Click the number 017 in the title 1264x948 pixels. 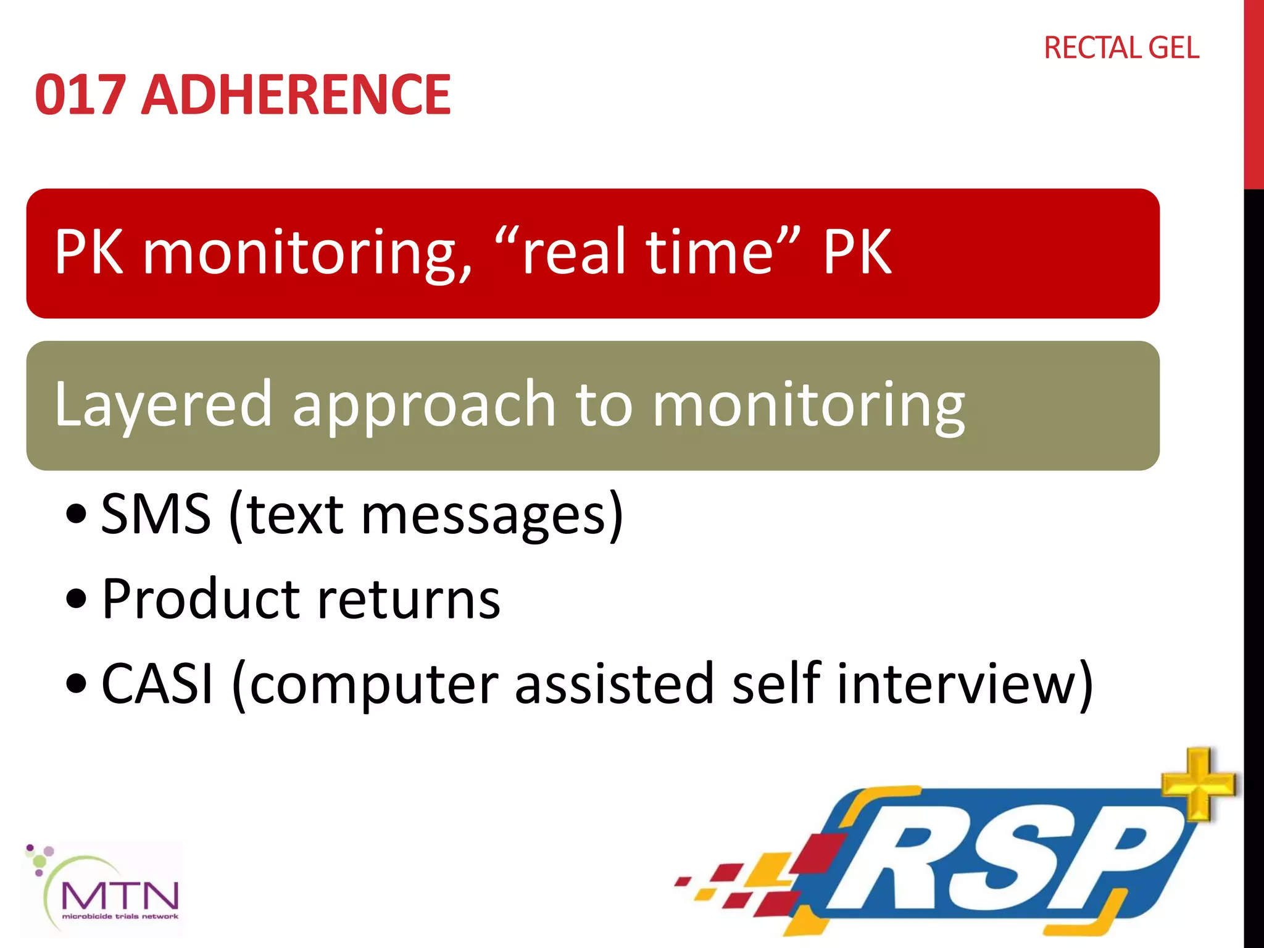coord(80,94)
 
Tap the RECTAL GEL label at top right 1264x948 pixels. coord(1121,48)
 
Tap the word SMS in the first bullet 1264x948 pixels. coord(155,514)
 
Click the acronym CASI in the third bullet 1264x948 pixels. coord(157,683)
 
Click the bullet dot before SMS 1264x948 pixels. coord(77,513)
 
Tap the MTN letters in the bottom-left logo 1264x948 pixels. coord(120,895)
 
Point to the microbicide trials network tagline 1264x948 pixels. coord(120,917)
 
